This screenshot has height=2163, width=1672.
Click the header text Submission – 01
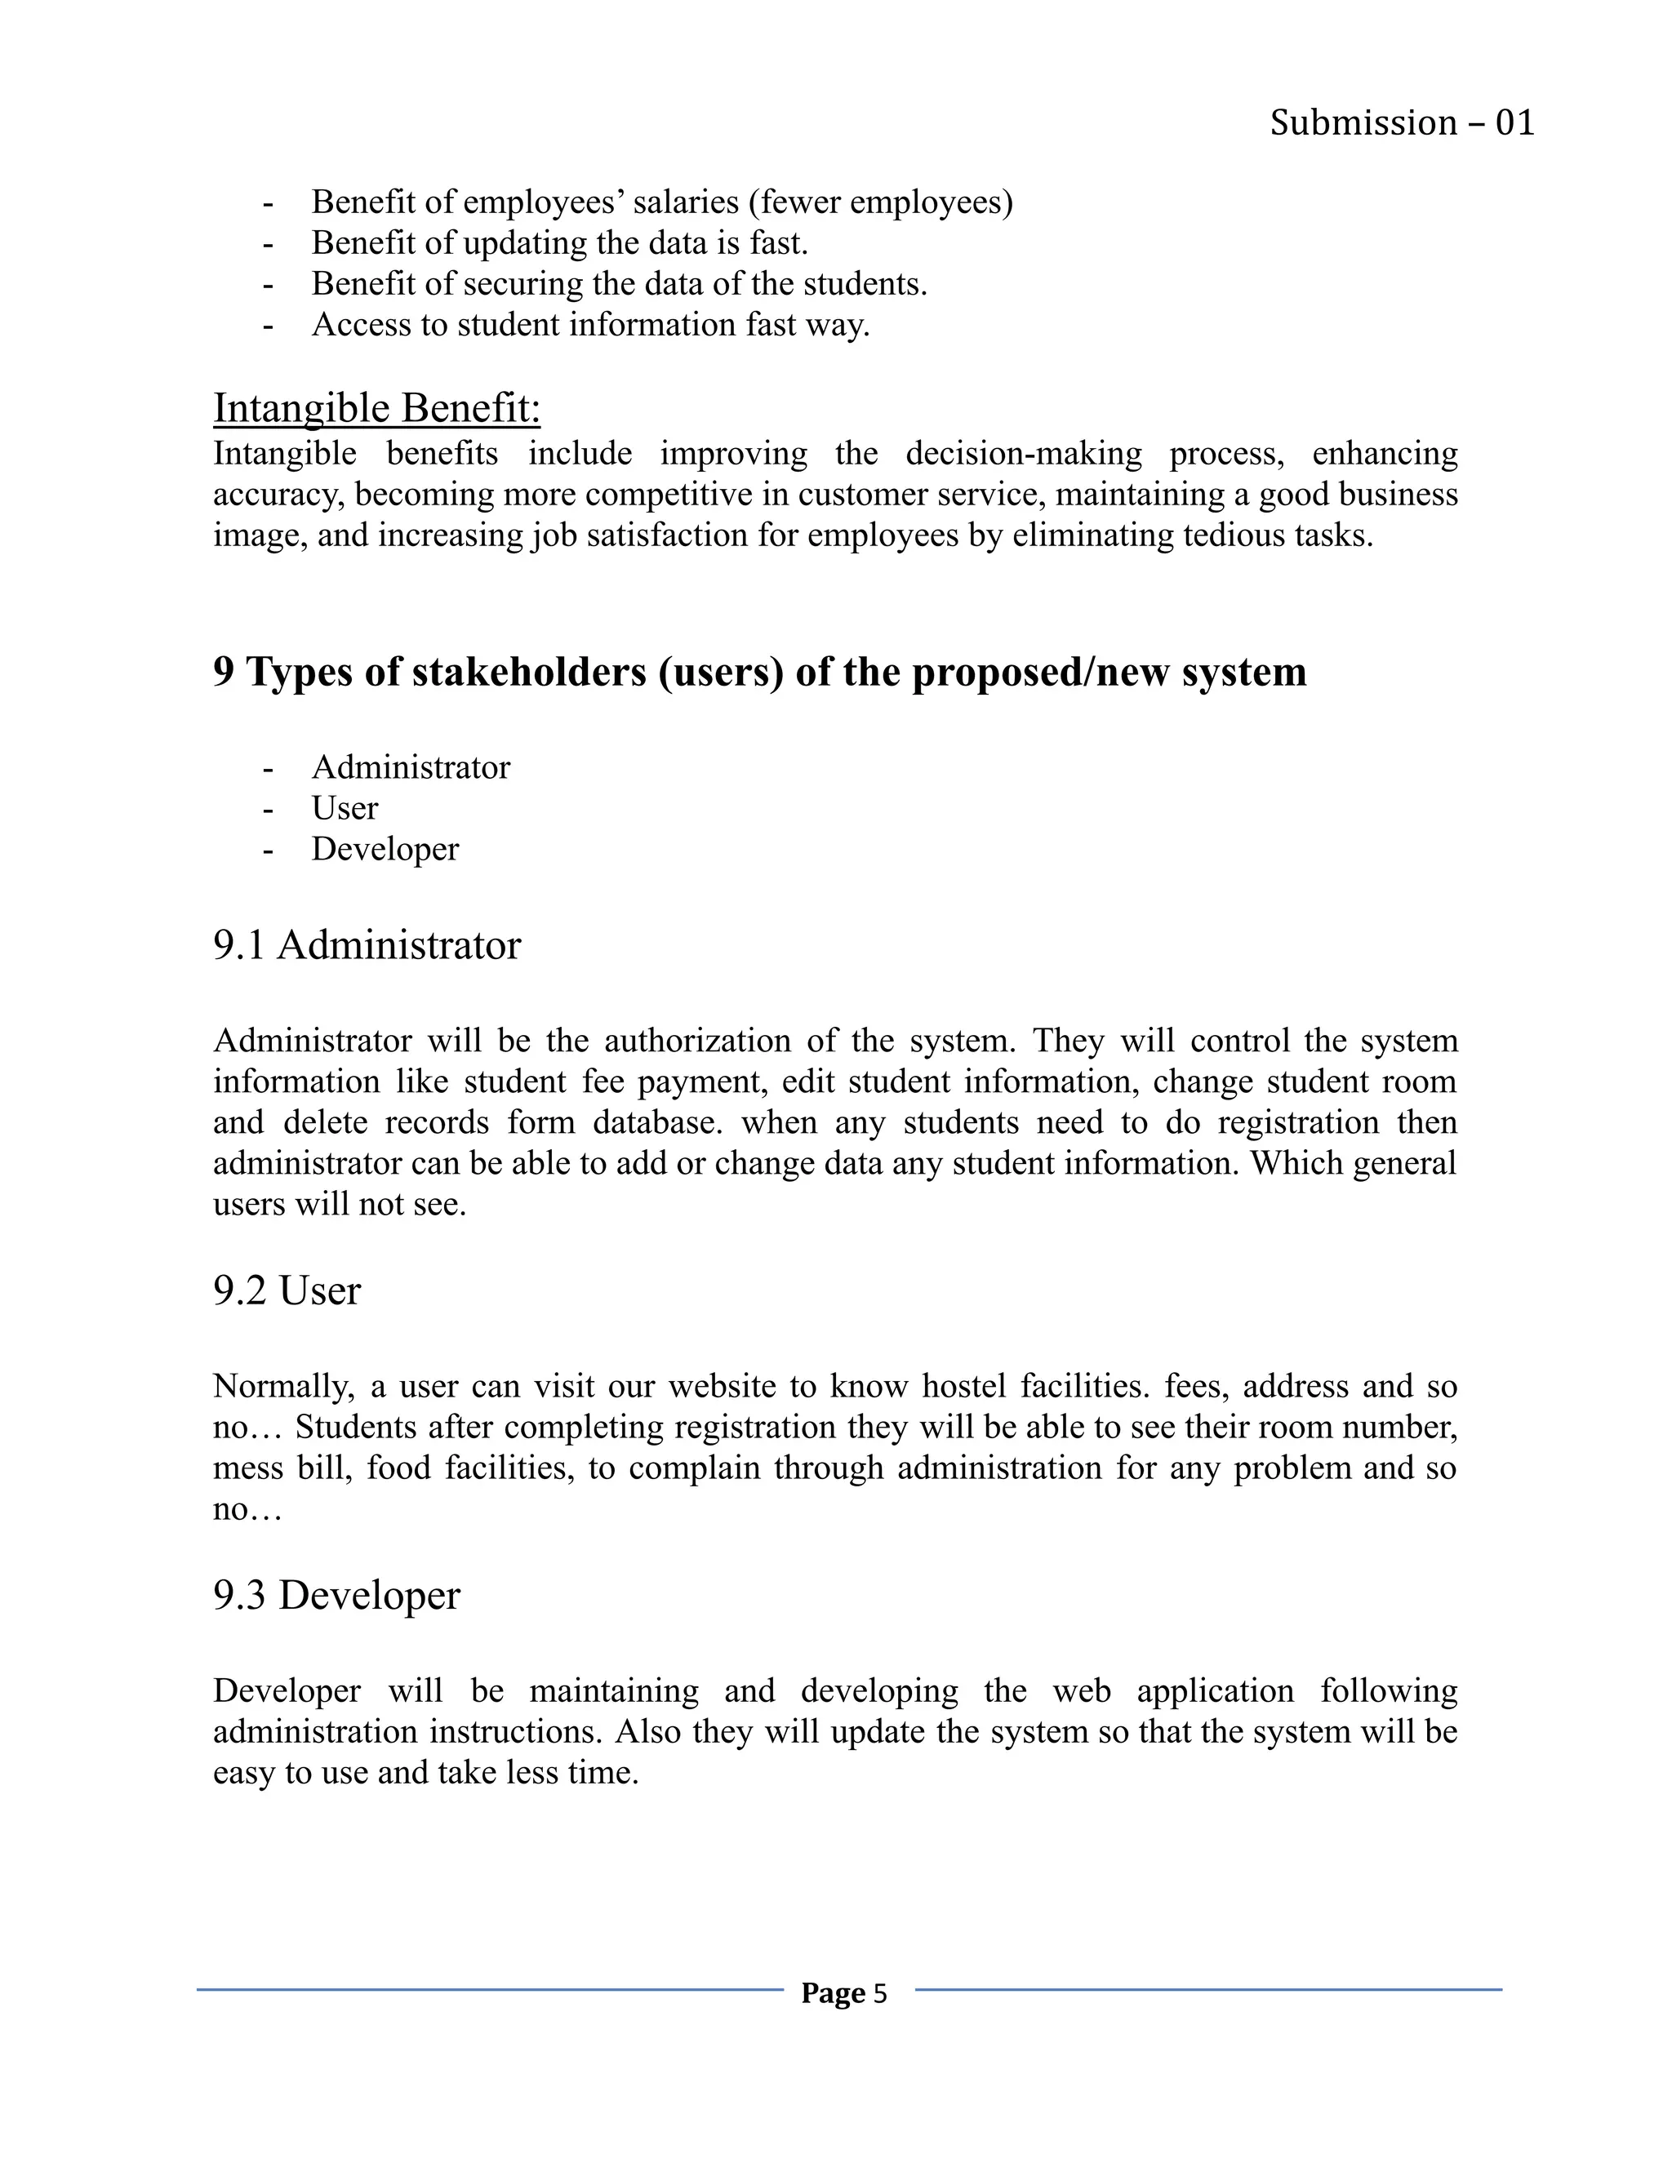pos(1402,122)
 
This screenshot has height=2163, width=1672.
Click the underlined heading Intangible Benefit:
pos(376,408)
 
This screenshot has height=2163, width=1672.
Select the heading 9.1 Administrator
pos(367,945)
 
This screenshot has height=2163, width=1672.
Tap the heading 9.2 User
pos(287,1290)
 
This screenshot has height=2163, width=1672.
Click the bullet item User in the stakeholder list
pos(344,808)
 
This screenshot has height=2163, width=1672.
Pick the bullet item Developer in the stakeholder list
pos(385,849)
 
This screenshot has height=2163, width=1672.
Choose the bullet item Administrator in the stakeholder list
pos(410,767)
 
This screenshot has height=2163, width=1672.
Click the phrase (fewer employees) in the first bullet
pos(881,202)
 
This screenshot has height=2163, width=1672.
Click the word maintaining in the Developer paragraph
pos(613,1690)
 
